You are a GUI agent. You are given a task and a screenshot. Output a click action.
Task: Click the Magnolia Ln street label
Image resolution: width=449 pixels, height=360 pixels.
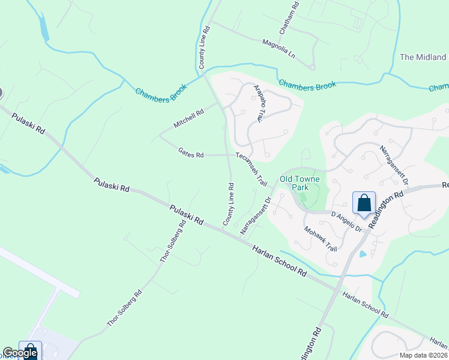280,49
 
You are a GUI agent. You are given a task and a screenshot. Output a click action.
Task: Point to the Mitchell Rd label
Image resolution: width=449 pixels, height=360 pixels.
188,116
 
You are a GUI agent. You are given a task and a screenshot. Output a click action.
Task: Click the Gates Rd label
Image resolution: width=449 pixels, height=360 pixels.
191,154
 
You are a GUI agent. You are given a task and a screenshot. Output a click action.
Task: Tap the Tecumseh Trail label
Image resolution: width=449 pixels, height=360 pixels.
252,169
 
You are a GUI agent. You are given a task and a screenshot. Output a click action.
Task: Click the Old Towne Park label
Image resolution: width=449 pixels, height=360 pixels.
300,183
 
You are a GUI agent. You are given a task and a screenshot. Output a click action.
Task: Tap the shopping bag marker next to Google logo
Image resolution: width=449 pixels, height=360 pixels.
30,350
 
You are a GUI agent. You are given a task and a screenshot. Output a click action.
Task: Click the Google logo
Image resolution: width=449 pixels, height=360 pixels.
20,353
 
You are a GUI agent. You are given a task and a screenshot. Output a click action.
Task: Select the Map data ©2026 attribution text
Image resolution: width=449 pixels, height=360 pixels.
423,355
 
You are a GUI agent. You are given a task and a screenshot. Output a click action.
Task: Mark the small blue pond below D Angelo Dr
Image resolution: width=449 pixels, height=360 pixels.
363,254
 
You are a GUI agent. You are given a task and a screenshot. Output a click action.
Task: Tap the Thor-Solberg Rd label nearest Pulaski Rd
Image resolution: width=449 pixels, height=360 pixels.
172,246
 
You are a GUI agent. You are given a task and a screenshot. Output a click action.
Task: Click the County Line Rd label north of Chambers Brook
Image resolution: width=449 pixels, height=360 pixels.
205,47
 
